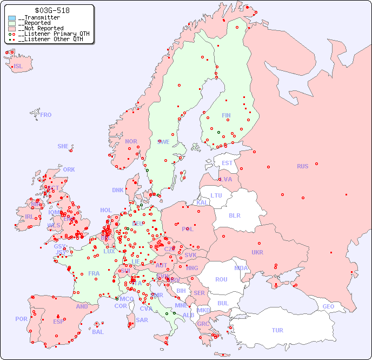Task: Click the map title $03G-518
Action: tap(52, 10)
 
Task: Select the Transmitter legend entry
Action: tap(39, 18)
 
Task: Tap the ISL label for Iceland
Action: tap(18, 67)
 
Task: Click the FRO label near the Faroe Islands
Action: tap(46, 115)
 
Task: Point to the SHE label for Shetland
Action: tap(63, 146)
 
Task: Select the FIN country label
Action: tap(226, 115)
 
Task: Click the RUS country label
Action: tap(302, 166)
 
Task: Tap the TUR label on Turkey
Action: tap(277, 330)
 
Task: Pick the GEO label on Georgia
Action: tap(328, 306)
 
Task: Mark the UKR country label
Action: tap(257, 252)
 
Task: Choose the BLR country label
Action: tap(234, 215)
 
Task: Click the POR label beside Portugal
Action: tap(21, 319)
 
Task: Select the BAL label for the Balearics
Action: tap(97, 332)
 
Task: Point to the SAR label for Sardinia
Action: tap(142, 320)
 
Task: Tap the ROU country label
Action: tap(221, 279)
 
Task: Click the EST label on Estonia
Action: tap(227, 163)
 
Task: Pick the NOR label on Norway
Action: tap(131, 141)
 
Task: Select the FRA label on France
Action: tap(94, 273)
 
